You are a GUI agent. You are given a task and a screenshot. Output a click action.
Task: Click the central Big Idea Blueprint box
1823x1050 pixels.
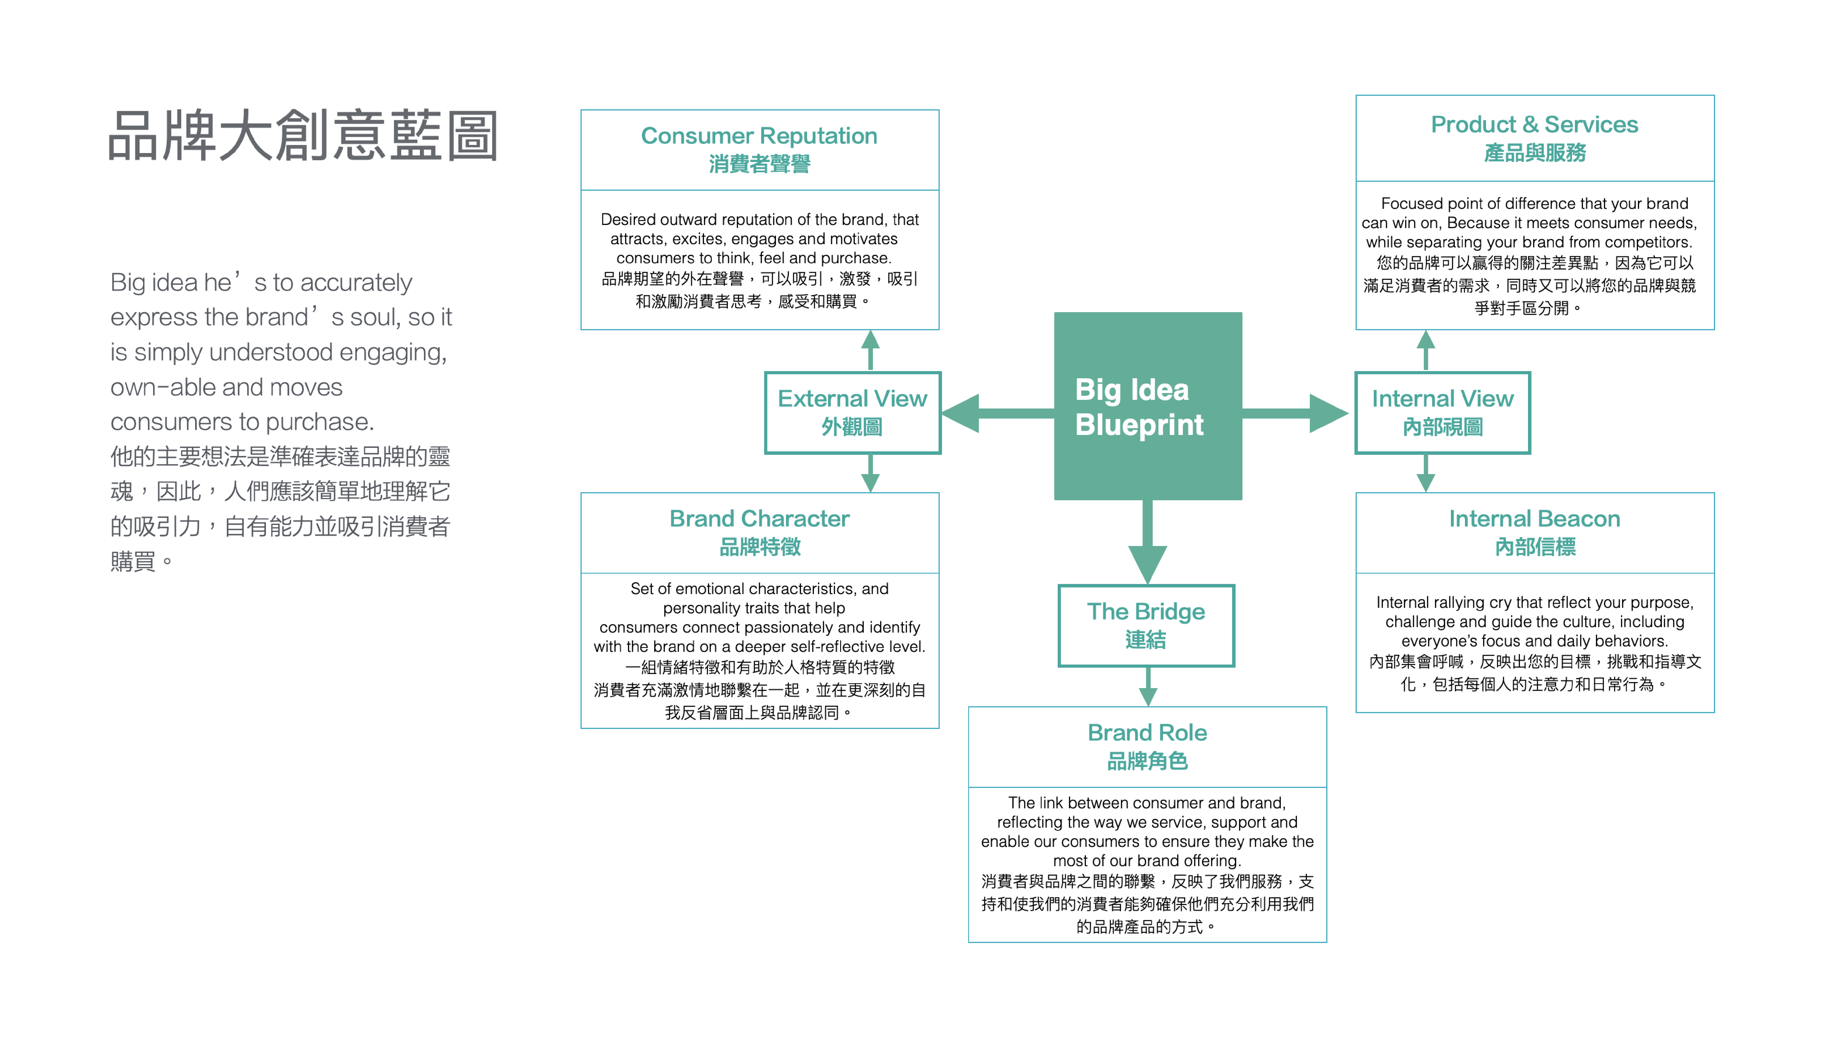1147,406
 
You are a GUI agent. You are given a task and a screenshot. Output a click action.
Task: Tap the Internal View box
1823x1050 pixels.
1442,413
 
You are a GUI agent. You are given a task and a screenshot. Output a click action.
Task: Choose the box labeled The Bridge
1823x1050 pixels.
1145,625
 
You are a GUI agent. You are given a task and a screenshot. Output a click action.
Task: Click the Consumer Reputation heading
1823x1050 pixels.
759,135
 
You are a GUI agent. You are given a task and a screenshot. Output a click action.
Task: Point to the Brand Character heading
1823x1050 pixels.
759,518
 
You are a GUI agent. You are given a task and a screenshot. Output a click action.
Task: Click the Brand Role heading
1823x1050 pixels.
1147,733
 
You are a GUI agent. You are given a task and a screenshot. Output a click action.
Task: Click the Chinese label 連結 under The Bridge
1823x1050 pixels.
1145,640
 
